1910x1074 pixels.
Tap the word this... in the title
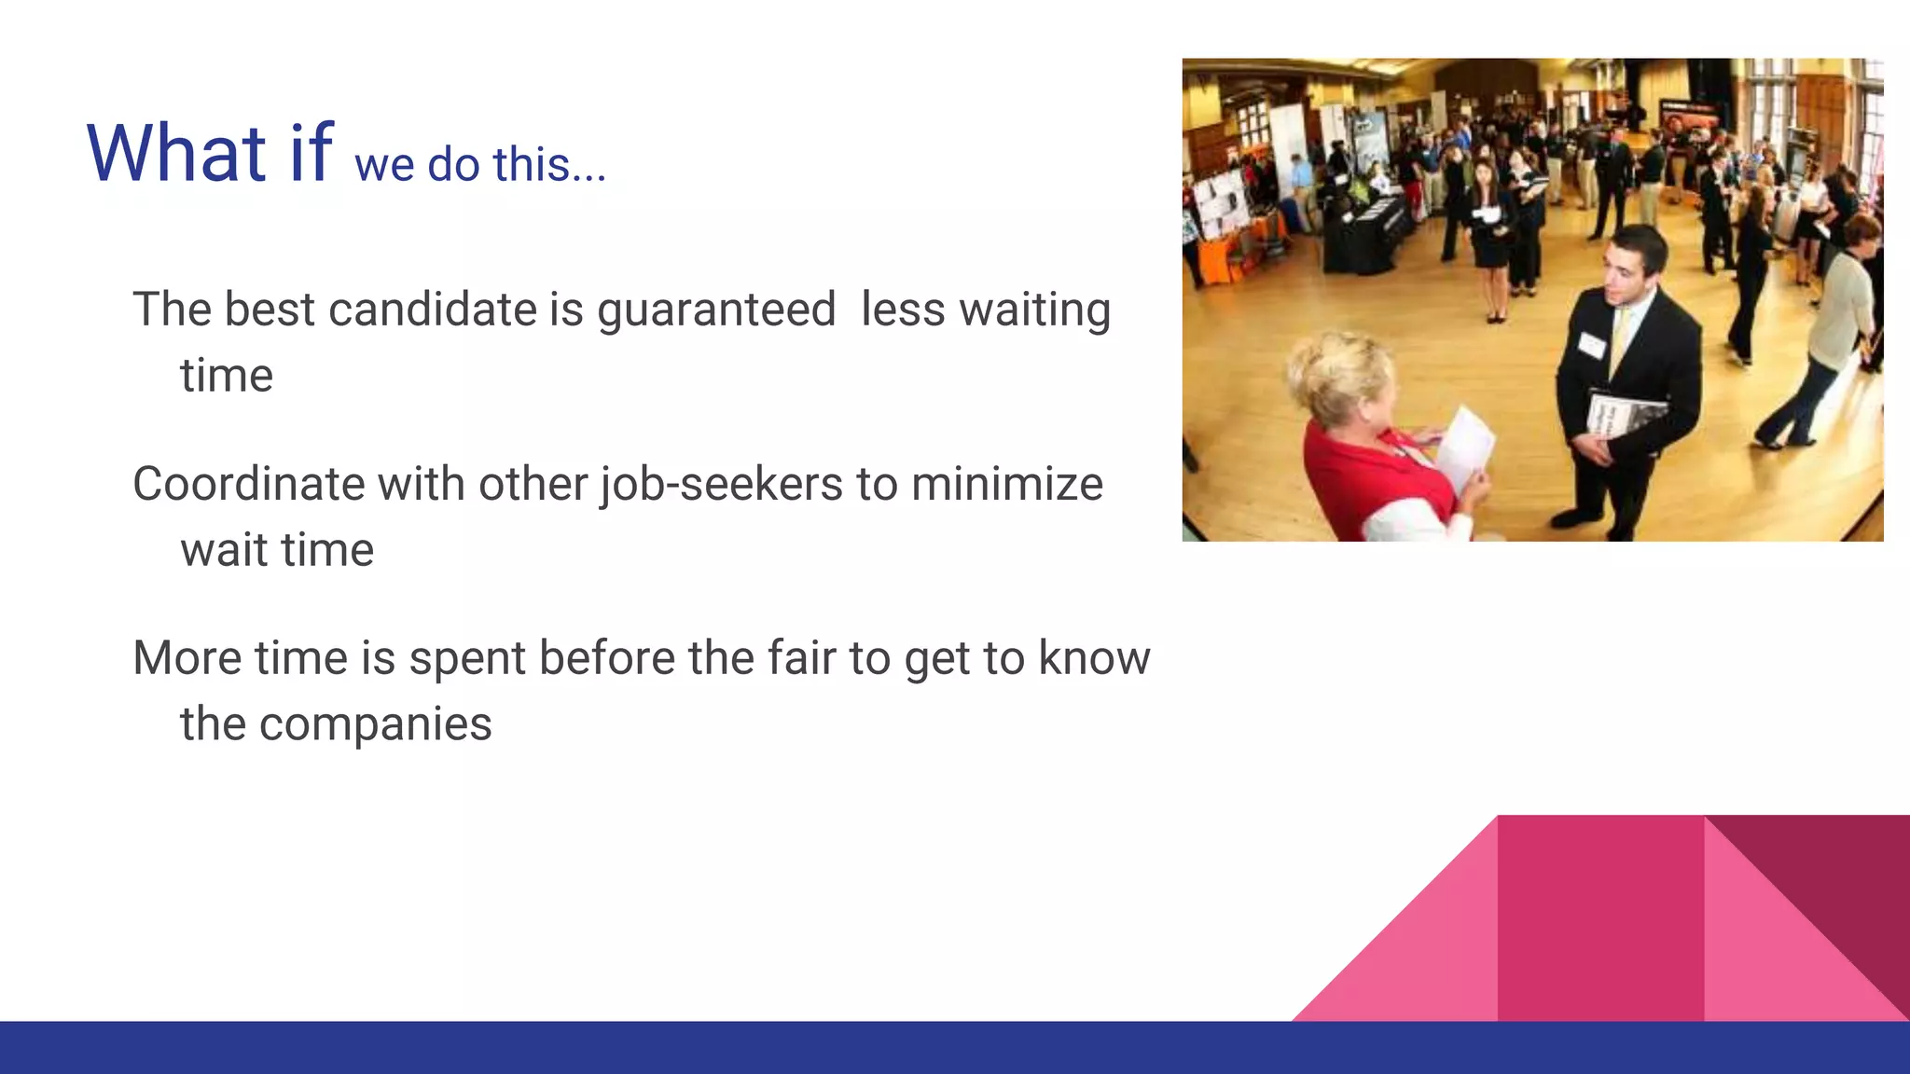coord(549,165)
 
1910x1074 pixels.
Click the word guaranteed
coord(715,311)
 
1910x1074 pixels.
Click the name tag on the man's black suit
coord(1592,346)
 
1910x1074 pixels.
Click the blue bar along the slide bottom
coord(955,1048)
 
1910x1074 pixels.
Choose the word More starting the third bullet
coord(187,658)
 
